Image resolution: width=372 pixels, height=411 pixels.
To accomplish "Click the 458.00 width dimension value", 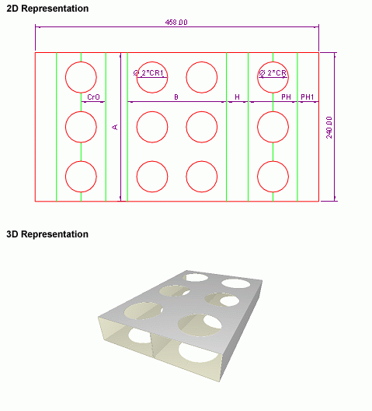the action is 176,23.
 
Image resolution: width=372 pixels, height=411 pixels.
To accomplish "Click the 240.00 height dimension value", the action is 329,128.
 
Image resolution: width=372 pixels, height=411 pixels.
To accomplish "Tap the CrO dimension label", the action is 93,97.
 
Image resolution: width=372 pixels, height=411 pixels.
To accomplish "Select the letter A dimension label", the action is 115,127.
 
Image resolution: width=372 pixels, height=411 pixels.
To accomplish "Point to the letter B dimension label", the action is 176,97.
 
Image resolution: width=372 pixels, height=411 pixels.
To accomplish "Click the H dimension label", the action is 237,97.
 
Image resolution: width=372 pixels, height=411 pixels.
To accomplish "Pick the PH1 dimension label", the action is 307,97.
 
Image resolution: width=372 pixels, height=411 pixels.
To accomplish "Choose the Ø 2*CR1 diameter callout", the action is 148,73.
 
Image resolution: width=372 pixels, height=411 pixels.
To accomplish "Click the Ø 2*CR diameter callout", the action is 273,72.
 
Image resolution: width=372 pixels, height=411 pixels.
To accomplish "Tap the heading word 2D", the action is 12,9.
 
